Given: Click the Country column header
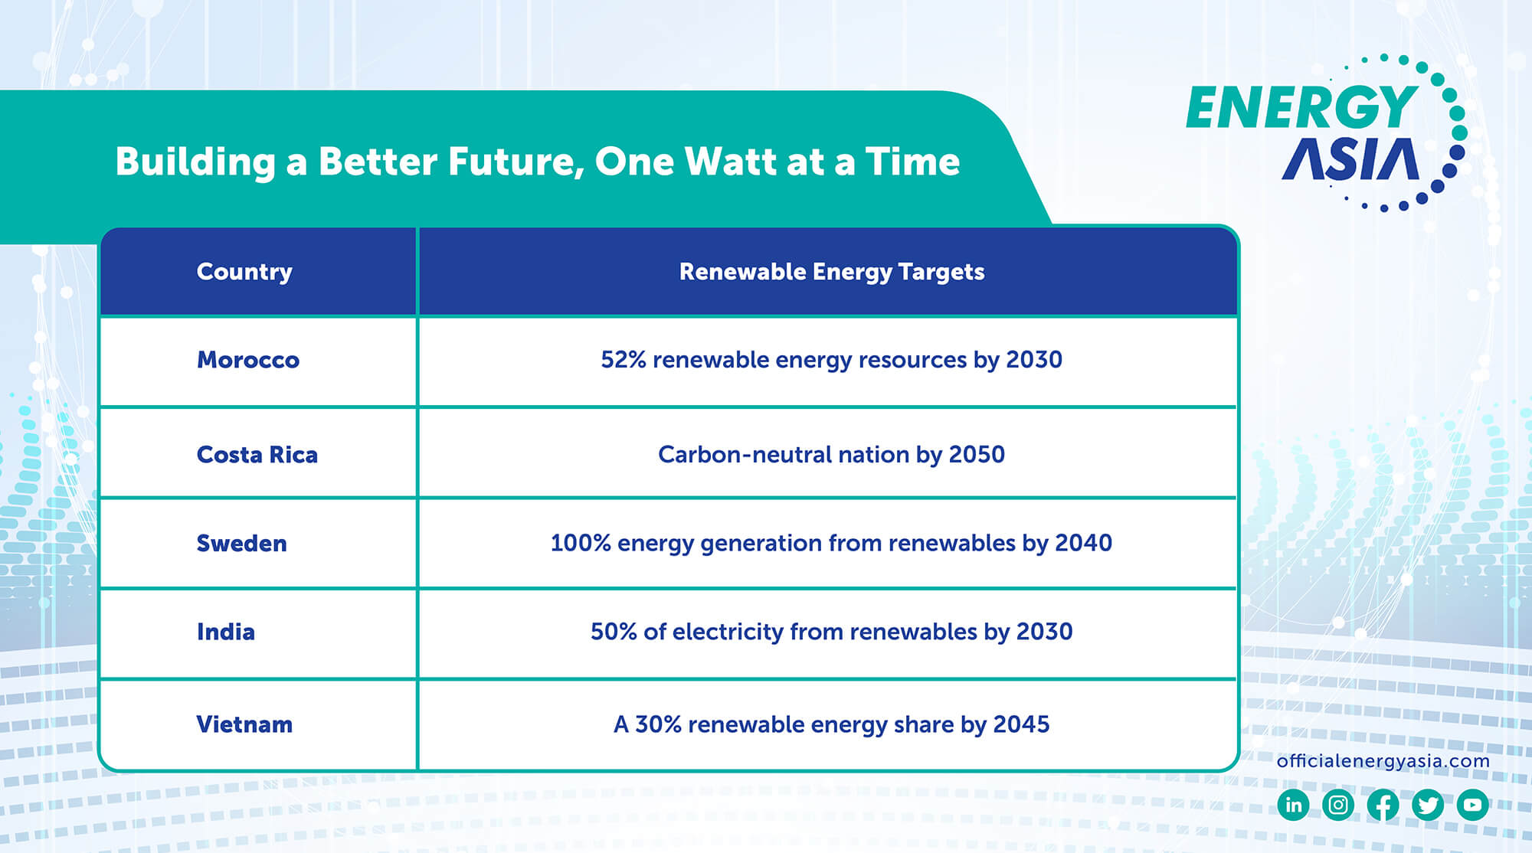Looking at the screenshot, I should click(244, 272).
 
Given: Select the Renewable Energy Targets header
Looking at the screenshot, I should click(831, 272).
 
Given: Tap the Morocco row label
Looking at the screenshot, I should click(247, 360).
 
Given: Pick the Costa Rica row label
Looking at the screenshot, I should click(257, 455).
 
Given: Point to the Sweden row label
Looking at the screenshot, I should click(241, 544).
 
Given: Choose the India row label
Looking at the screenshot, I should click(225, 632).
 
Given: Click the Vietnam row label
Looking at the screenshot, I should click(244, 724).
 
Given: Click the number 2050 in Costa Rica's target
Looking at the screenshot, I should click(977, 455).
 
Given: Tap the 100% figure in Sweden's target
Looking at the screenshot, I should click(580, 543).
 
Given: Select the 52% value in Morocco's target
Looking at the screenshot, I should click(624, 360).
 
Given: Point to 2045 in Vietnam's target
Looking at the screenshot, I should click(1021, 724).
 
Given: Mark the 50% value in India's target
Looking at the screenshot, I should click(614, 632).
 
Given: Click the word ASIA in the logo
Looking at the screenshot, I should click(1350, 160).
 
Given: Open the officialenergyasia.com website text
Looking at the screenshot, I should click(1383, 761).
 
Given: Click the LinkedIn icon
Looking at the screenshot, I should click(1293, 805).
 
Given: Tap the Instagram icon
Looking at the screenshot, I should click(1338, 805).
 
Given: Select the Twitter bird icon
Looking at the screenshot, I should click(1428, 805).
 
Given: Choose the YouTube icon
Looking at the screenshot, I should click(1472, 805).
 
